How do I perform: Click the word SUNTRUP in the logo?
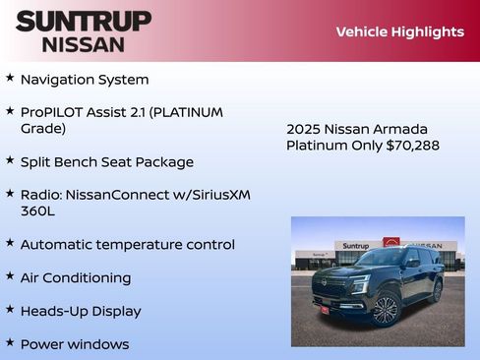tap(84, 21)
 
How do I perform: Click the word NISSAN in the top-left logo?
tap(84, 44)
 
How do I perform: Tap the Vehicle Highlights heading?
tap(399, 31)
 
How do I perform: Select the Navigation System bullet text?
tap(85, 80)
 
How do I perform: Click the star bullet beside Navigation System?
tap(10, 77)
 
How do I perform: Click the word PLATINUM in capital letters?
tap(189, 112)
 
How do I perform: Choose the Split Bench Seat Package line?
tap(107, 162)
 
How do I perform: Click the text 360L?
tap(37, 210)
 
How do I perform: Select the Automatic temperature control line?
tap(128, 245)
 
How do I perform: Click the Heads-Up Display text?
tap(81, 312)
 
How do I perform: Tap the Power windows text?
tap(75, 345)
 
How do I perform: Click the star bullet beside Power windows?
tap(10, 342)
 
